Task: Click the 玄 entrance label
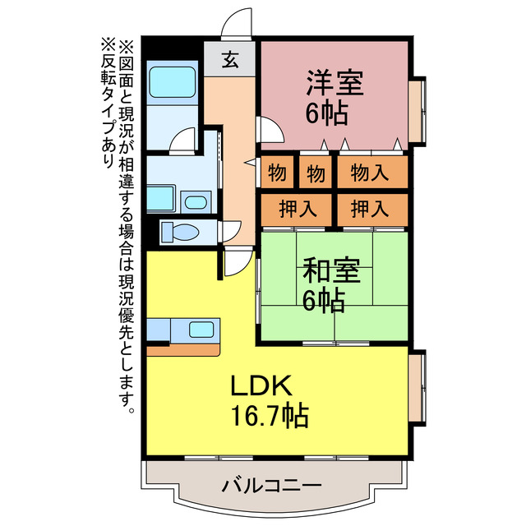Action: coord(232,59)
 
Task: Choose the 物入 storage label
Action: coord(371,173)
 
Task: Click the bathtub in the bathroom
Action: coord(173,83)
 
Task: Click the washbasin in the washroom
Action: coord(196,202)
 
